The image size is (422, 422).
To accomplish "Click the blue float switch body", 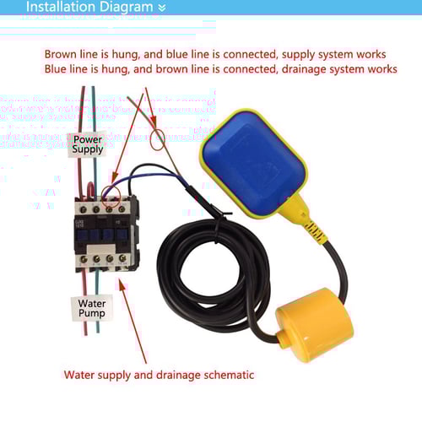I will click(x=253, y=165).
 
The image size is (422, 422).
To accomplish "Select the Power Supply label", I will click(x=88, y=143).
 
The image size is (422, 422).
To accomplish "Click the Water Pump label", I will click(x=92, y=307).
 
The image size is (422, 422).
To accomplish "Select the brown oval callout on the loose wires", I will click(x=160, y=137).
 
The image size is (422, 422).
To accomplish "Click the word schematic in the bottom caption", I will click(x=231, y=375).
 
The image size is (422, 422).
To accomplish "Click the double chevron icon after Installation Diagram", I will click(x=162, y=8).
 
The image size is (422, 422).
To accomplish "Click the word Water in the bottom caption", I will click(x=79, y=375).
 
